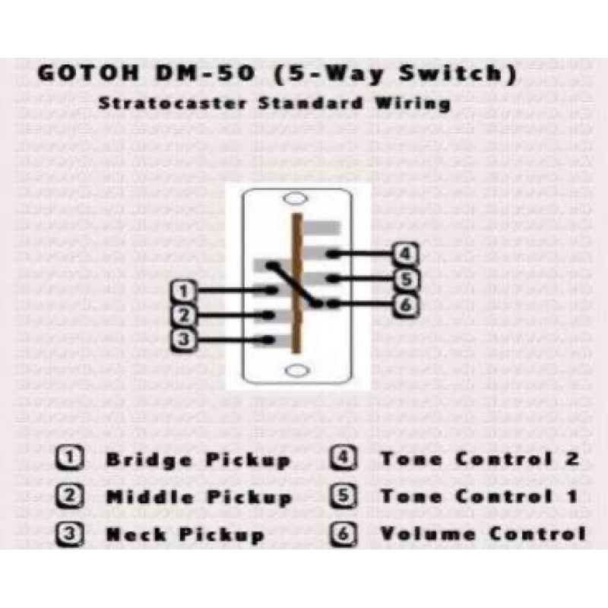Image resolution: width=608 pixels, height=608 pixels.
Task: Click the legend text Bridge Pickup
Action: tap(198, 460)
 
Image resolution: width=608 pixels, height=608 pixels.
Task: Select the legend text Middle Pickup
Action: tap(199, 498)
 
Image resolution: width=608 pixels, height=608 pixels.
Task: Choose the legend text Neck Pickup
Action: tap(185, 534)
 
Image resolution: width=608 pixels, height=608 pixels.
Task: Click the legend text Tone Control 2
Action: tap(480, 459)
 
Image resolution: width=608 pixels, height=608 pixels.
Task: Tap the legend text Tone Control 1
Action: tap(479, 497)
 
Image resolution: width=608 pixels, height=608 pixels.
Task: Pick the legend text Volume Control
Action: tap(483, 534)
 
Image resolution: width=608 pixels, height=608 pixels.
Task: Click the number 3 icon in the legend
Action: tap(70, 534)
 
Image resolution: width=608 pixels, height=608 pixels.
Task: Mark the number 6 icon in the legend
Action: tap(343, 534)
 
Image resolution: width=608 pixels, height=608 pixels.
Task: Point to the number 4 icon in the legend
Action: tap(343, 459)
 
